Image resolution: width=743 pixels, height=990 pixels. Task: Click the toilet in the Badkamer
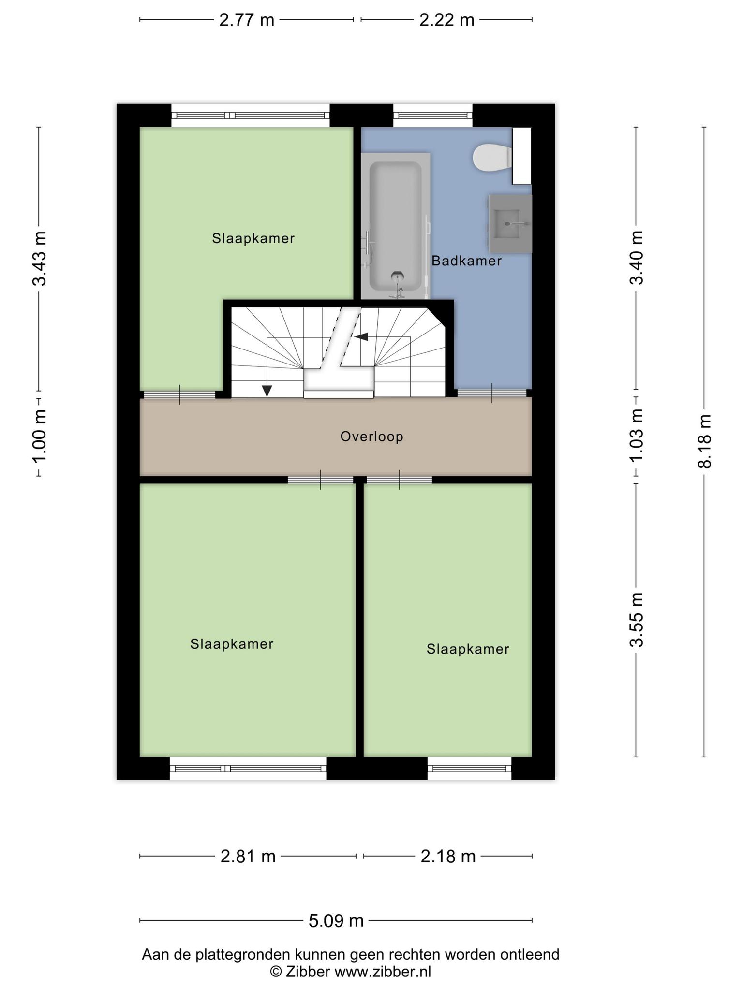coord(492,157)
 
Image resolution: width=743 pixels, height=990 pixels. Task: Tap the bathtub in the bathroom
coord(396,226)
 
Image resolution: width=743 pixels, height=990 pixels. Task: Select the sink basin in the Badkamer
coord(510,223)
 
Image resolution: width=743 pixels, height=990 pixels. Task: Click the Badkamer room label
coord(466,261)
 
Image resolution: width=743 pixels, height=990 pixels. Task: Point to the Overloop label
coord(371,437)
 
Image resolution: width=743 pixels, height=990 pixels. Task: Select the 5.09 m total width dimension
coord(336,920)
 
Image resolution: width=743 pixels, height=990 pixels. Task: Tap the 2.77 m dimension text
coord(247,20)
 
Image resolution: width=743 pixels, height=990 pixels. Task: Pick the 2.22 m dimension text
coord(446,20)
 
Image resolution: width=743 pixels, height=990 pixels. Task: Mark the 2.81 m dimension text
coord(248,856)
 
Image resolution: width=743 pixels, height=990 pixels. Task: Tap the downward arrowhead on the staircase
coord(267,391)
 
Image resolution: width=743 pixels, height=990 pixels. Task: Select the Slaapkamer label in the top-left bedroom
coord(253,238)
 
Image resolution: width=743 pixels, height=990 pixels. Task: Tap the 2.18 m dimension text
coord(448,856)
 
